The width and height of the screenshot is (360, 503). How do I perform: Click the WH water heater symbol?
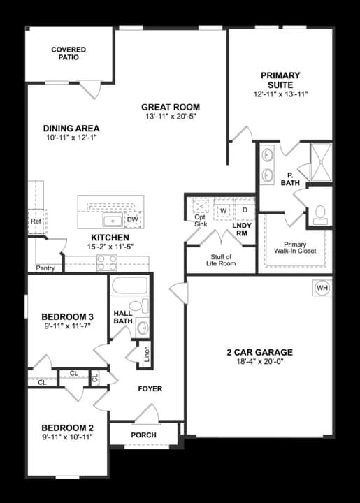[x=322, y=288]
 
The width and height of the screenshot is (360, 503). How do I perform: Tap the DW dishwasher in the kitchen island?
[x=133, y=219]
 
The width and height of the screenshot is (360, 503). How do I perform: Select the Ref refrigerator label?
[x=36, y=221]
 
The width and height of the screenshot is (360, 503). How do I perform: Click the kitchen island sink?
[x=113, y=221]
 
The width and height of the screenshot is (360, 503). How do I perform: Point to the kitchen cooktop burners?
[x=107, y=263]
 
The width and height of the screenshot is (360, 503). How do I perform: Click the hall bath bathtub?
[x=129, y=286]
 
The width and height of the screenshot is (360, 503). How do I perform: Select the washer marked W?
[x=224, y=211]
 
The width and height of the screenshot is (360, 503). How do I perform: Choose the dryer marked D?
[x=245, y=210]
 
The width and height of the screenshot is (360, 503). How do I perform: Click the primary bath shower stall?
[x=321, y=162]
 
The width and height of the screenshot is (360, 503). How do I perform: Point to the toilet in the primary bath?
[x=320, y=214]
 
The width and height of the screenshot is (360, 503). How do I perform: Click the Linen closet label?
[x=147, y=353]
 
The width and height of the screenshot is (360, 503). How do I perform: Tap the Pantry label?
[x=45, y=268]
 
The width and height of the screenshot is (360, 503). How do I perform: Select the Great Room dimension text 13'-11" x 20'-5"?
[x=171, y=116]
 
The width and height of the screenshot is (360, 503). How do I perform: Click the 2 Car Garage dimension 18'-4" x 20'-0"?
[x=259, y=362]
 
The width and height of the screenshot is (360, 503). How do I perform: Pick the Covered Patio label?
[x=69, y=53]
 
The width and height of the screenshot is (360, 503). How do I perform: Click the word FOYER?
[x=150, y=389]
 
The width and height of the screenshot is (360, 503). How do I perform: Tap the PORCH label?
[x=144, y=435]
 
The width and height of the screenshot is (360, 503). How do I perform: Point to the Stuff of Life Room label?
[x=221, y=260]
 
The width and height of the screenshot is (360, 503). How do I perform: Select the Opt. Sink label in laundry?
[x=201, y=221]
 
